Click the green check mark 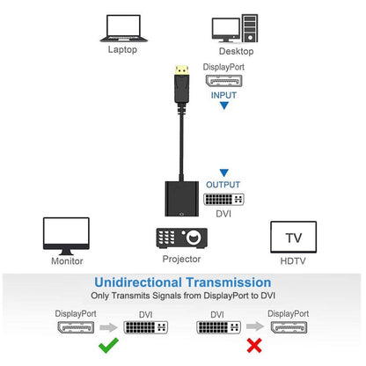point(110,346)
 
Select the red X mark point(253,346)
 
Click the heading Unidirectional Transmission point(182,282)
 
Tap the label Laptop point(123,50)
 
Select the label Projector point(182,260)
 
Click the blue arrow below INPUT point(223,106)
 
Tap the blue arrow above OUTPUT point(224,172)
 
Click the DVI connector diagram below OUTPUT point(224,199)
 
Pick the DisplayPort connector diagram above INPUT point(223,81)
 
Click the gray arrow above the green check point(110,327)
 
